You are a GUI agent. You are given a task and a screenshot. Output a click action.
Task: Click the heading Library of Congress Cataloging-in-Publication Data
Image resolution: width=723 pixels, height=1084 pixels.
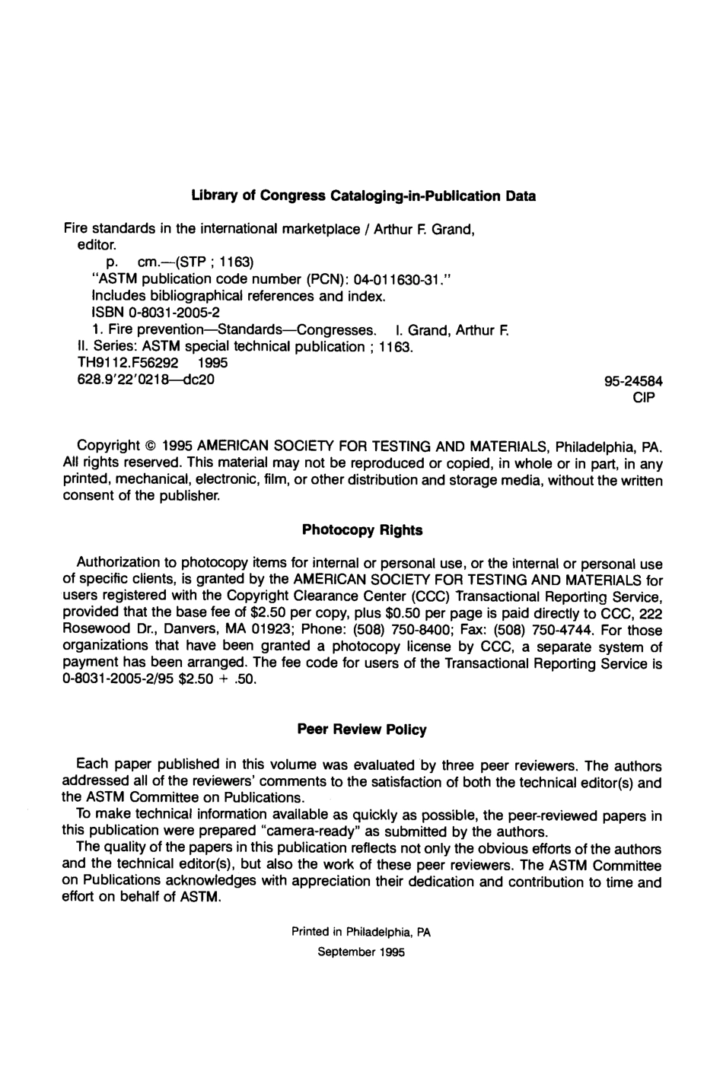363,196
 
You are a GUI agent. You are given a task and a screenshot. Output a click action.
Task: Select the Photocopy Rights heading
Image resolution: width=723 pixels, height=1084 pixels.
362,530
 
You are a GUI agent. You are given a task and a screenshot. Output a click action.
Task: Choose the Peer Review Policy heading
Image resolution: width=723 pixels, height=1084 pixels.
361,730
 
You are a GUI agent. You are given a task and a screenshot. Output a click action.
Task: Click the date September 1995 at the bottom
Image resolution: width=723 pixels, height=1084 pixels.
361,952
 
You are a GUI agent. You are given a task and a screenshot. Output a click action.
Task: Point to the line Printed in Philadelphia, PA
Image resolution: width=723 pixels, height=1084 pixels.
361,932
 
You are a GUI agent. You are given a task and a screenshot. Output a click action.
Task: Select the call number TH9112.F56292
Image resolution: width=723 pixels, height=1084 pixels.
123,363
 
